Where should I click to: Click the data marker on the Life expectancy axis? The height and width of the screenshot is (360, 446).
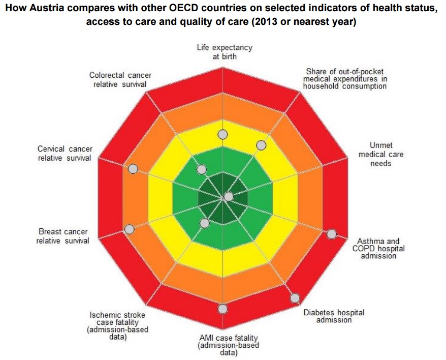222,134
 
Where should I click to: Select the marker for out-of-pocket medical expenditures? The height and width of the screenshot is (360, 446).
261,145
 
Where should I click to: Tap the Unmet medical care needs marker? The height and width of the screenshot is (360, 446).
229,196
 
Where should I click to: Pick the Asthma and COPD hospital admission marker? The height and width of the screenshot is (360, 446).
332,234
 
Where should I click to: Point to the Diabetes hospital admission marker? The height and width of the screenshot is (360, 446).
295,298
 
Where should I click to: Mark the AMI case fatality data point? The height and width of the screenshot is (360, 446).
222,309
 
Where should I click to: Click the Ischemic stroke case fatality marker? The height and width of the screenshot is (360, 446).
205,223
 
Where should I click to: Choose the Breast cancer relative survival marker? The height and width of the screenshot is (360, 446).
129,229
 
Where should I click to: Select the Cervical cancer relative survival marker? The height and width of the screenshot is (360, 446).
133,169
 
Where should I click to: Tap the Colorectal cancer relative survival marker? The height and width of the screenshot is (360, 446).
202,169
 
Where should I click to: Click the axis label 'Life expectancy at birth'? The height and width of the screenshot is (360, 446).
225,52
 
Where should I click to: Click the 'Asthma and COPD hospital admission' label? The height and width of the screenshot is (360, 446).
378,249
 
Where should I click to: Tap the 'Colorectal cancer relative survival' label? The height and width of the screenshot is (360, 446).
120,79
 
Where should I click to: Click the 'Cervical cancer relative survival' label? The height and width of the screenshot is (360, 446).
65,153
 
